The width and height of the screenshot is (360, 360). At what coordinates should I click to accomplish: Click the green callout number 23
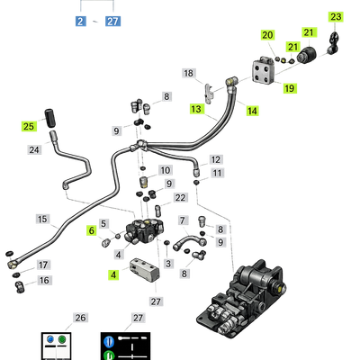click(x=336, y=16)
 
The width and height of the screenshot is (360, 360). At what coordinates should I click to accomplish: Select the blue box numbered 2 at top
click(x=80, y=22)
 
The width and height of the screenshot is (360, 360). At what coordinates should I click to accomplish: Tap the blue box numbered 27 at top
click(x=112, y=22)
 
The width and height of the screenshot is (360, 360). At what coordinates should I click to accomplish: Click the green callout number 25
click(x=29, y=126)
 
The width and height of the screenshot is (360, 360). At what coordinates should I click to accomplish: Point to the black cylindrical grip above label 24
click(x=50, y=119)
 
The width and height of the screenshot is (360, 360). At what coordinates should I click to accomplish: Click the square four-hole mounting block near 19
click(x=264, y=71)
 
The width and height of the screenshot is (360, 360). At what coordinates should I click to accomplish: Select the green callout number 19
click(x=289, y=88)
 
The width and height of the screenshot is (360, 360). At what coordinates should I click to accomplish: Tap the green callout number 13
click(x=196, y=109)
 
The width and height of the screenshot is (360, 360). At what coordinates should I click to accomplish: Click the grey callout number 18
click(x=189, y=73)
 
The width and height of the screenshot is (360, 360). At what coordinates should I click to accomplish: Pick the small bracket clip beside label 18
click(x=210, y=93)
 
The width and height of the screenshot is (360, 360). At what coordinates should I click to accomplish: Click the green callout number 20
click(x=267, y=35)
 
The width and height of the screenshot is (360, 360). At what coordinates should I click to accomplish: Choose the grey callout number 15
click(x=42, y=219)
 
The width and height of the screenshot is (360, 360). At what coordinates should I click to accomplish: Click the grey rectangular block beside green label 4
click(x=145, y=270)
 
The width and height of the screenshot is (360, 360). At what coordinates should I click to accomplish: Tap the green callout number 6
click(x=92, y=230)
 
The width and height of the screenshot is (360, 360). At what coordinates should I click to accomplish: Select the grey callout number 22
click(x=180, y=198)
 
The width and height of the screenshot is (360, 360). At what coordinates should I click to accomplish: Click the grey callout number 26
click(x=80, y=318)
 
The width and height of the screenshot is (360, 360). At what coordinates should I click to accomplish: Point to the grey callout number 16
click(x=44, y=281)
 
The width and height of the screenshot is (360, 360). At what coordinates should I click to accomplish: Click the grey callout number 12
click(x=216, y=159)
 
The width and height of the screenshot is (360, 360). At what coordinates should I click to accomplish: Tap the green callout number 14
click(x=252, y=111)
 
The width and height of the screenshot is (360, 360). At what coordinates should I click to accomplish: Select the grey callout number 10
click(x=166, y=170)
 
